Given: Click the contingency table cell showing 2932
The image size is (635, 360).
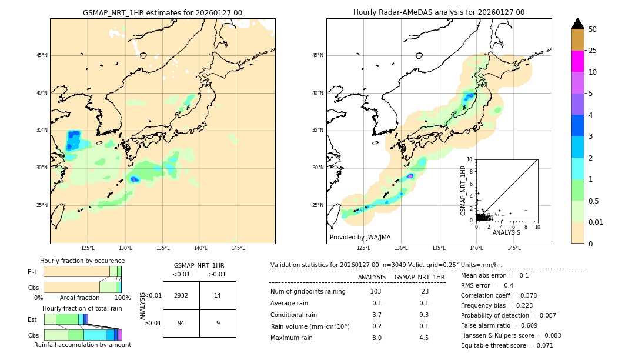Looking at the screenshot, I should tap(181, 295).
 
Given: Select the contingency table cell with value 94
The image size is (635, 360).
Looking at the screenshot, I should tap(181, 323).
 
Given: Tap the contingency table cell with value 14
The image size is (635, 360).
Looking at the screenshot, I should tap(218, 295).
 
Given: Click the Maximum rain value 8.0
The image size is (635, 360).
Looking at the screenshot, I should tap(376, 338).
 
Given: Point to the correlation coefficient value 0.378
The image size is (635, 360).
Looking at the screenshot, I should tap(524, 296).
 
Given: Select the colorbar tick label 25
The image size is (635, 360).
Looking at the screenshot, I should tap(593, 51).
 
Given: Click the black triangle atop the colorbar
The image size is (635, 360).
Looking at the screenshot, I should tap(578, 24).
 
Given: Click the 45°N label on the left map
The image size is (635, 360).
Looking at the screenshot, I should tap(42, 55).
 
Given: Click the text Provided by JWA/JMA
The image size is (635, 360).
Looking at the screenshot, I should tap(360, 238).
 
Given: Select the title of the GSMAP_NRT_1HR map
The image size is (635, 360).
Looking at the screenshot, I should tap(162, 12).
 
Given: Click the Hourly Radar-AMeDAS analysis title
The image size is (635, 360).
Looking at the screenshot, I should tap(439, 12).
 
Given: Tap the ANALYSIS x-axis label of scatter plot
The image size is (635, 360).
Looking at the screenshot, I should tap(506, 233).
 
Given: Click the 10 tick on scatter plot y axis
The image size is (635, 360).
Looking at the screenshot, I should tap(470, 159).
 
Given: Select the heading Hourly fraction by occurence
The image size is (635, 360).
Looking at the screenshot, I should tap(82, 261).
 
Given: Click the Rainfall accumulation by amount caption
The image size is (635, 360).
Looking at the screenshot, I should tap(82, 345).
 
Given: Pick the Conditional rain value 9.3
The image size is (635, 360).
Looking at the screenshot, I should tap(423, 315).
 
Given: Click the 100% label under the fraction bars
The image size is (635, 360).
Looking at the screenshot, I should tap(122, 298).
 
